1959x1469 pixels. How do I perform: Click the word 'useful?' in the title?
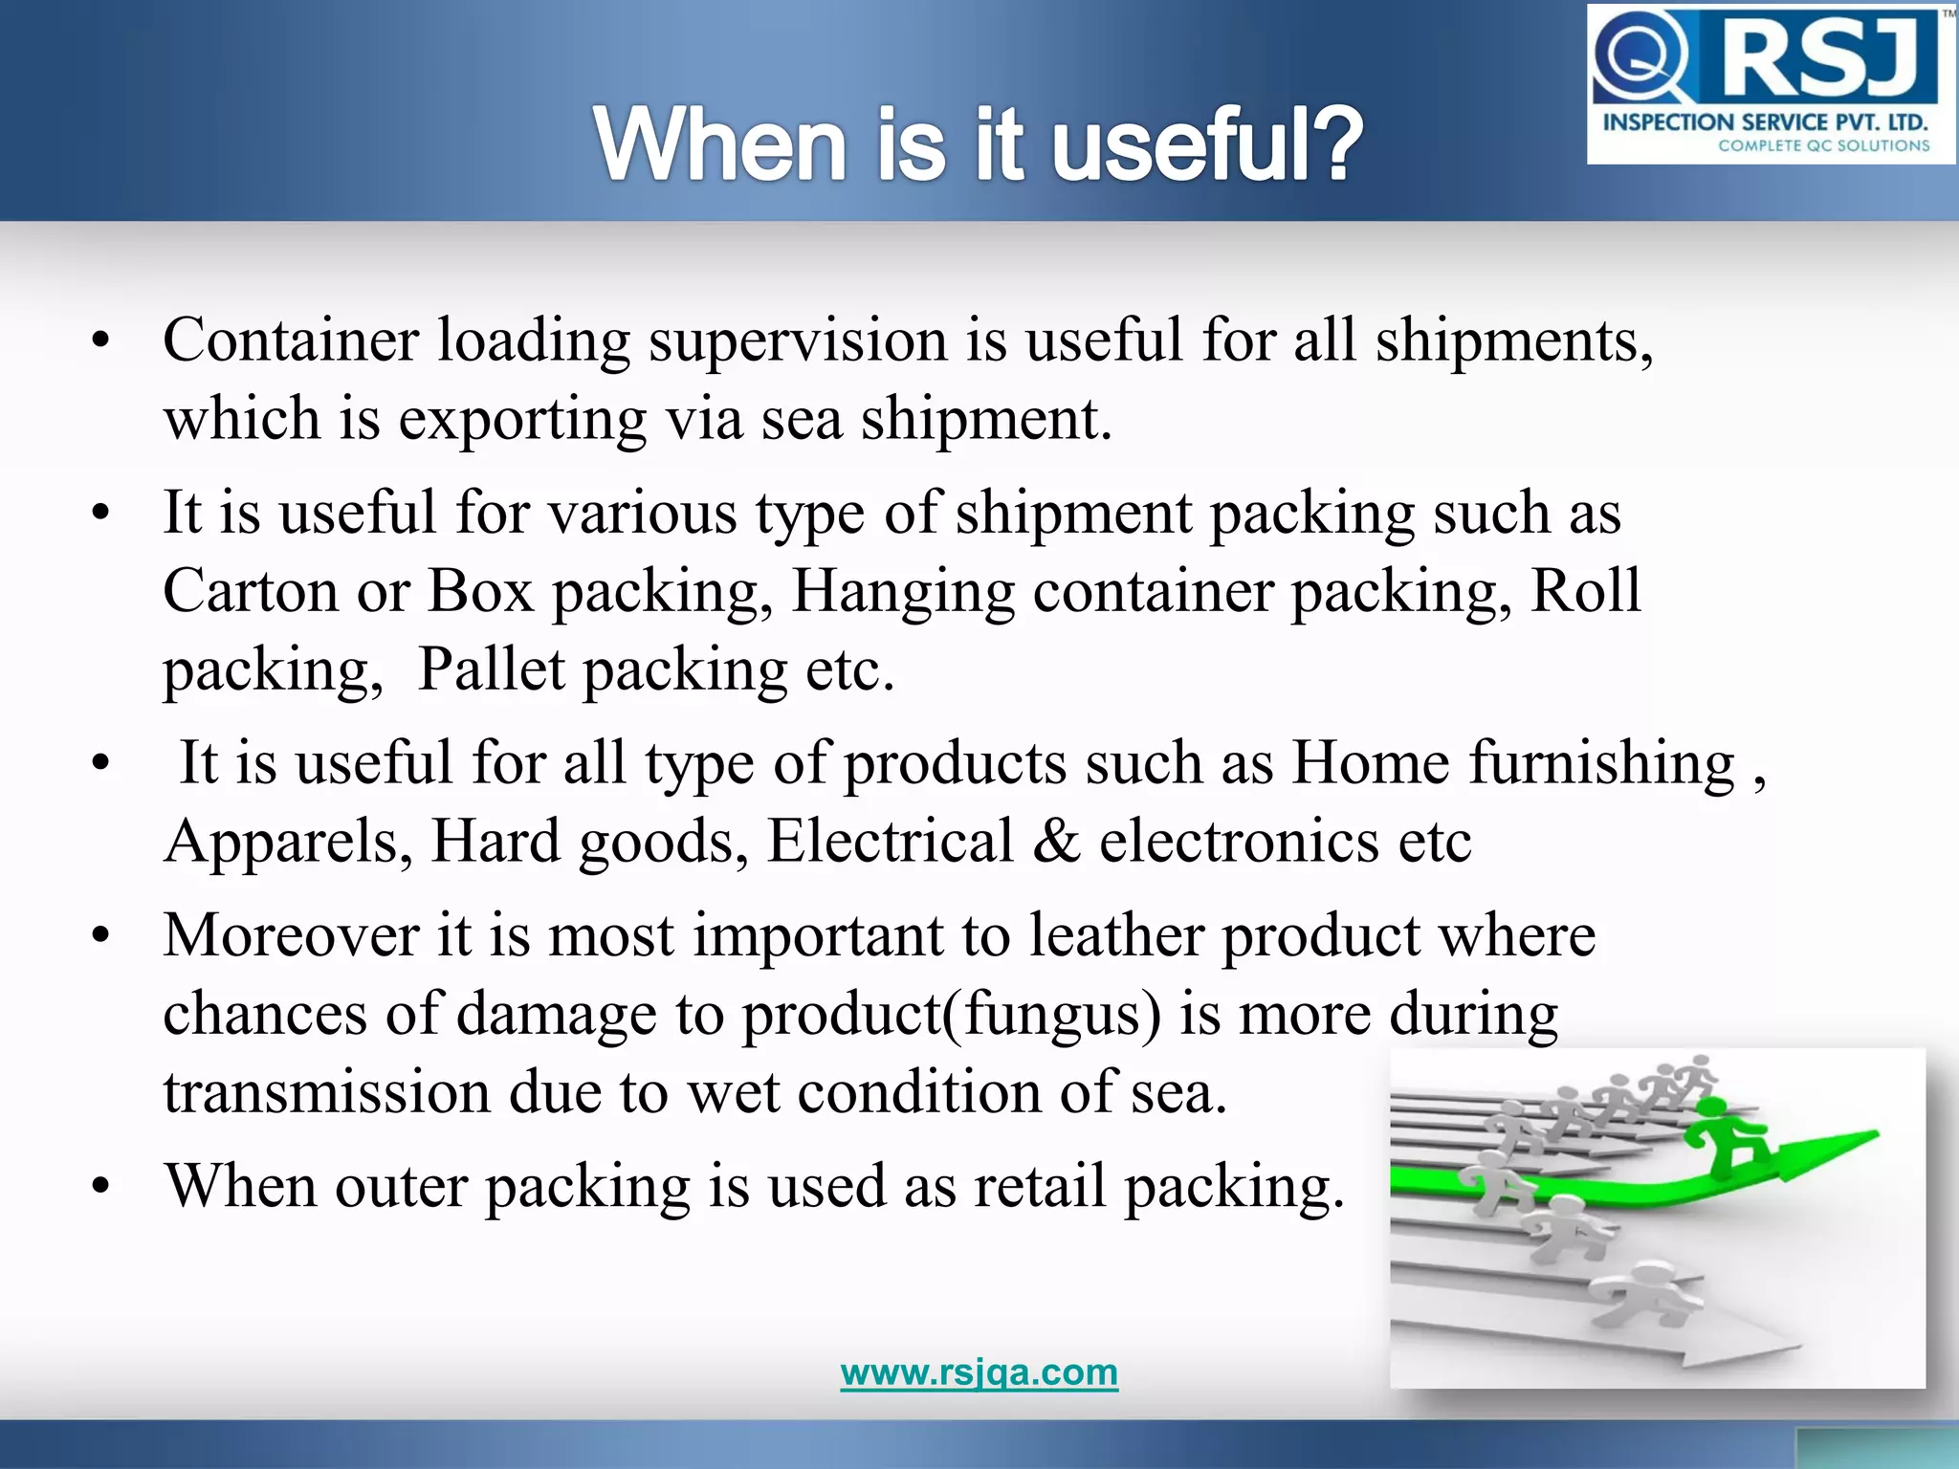(x=1207, y=145)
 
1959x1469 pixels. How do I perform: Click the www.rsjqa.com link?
(x=979, y=1372)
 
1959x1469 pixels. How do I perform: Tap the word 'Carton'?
(x=251, y=591)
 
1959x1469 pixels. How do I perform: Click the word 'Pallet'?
(x=492, y=669)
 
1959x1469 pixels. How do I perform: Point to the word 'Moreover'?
(x=291, y=935)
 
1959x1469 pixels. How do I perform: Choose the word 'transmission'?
(x=326, y=1092)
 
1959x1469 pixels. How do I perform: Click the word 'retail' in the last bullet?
(x=1041, y=1186)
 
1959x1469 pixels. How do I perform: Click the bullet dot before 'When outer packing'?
(x=101, y=1187)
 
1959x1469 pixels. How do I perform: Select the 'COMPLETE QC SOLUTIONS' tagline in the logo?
(x=1823, y=146)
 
